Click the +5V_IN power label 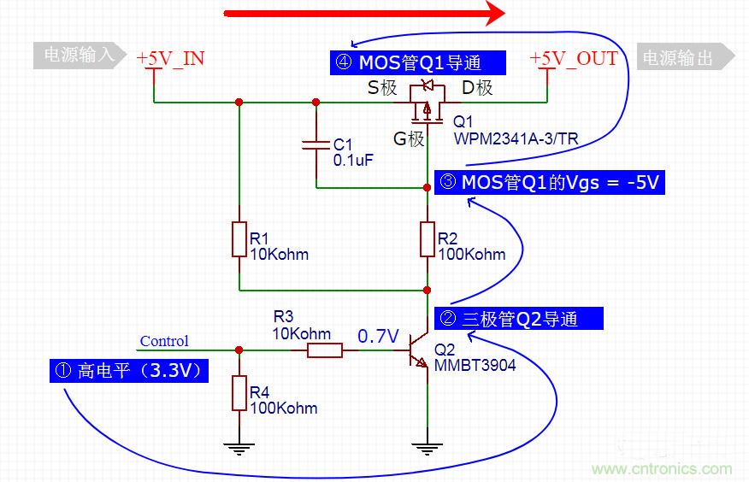point(170,58)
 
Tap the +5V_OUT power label point(574,58)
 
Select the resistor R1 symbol point(239,240)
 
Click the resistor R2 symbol point(428,240)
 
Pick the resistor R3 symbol point(326,350)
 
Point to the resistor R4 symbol point(239,394)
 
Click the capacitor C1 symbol point(316,145)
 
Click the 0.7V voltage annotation point(378,336)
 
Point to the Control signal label point(164,341)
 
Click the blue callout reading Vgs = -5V point(549,182)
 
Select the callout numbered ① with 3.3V point(128,371)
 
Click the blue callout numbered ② point(519,319)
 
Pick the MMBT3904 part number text point(475,366)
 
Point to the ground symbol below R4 point(239,444)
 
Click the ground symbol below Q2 point(427,444)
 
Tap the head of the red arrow point(494,13)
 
